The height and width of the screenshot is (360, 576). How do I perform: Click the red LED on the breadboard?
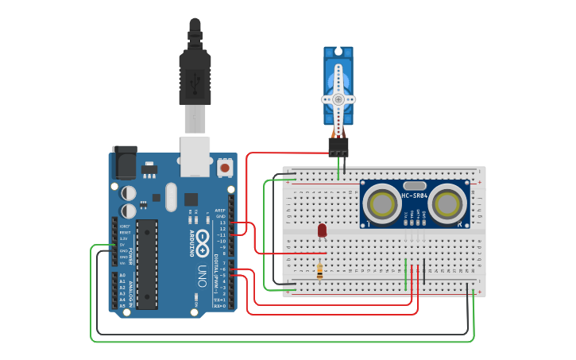(322, 230)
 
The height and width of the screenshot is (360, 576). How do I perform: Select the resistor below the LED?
(319, 271)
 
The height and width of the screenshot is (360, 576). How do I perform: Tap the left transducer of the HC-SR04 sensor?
(383, 204)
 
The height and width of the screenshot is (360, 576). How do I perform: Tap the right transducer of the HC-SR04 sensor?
(447, 204)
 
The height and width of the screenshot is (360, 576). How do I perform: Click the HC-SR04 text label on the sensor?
(415, 195)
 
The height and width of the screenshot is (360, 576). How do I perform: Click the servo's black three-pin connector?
(338, 147)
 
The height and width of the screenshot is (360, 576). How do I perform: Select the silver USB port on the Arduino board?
(195, 156)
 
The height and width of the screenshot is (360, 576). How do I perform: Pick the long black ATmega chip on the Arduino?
(147, 263)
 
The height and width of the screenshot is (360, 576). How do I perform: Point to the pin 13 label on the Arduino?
(222, 223)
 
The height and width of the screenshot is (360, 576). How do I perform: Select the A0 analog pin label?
(122, 275)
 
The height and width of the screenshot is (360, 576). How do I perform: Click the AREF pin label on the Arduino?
(221, 211)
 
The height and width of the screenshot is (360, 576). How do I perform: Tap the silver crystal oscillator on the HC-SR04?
(415, 185)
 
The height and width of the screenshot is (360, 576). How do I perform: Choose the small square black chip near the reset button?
(191, 199)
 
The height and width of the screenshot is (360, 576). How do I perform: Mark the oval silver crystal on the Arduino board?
(171, 197)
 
